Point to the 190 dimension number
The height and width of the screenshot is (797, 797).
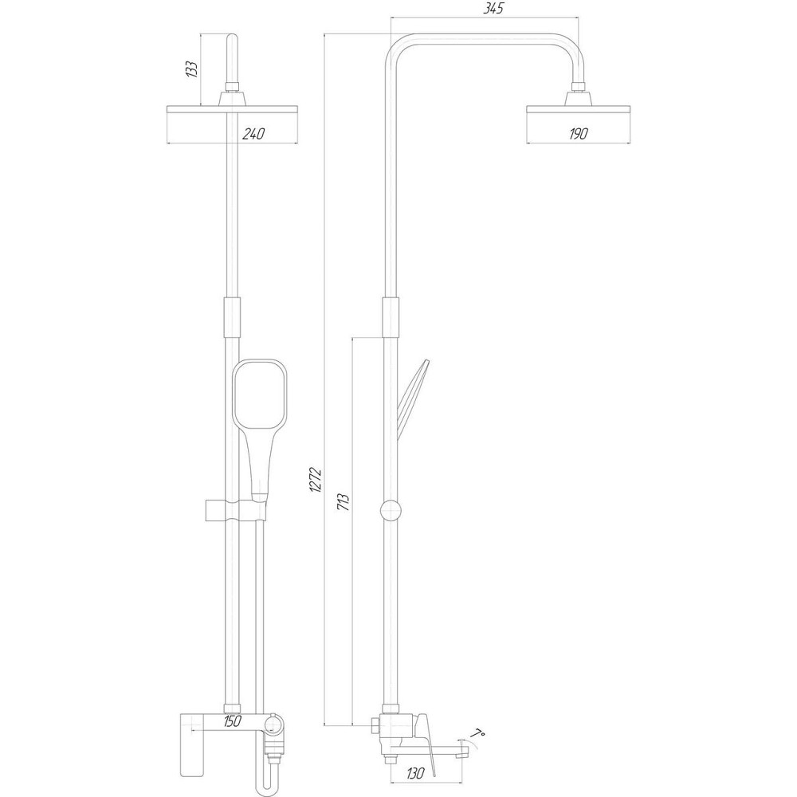click(x=577, y=134)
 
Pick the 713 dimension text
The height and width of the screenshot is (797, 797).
click(x=343, y=502)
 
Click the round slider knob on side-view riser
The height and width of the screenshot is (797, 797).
click(x=391, y=510)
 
